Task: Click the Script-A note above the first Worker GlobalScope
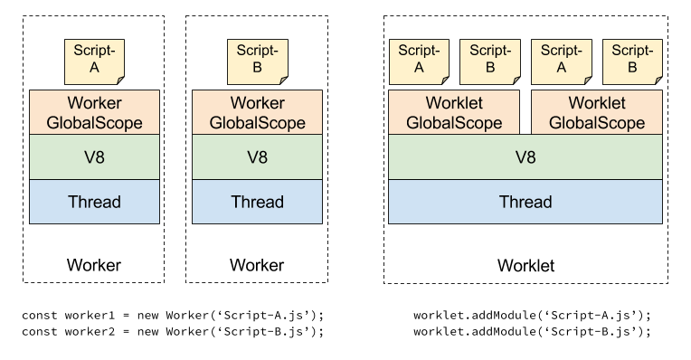(94, 61)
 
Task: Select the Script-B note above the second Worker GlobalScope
(257, 61)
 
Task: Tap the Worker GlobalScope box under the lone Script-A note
(94, 112)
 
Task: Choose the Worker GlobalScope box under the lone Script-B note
(257, 112)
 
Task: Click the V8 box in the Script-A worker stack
(94, 157)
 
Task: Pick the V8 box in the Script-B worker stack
(257, 157)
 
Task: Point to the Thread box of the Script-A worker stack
(94, 202)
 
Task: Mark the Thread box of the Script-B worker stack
(257, 202)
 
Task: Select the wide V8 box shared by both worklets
(525, 157)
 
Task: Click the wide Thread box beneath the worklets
(525, 202)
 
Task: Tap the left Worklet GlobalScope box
(454, 112)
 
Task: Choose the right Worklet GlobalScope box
(597, 112)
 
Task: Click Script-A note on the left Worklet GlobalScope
(419, 61)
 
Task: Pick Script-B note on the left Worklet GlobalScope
(489, 61)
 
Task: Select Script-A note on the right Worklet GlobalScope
(561, 61)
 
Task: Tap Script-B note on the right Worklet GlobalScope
(631, 61)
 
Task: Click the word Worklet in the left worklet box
(454, 103)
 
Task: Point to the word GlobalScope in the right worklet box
(597, 123)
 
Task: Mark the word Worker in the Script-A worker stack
(94, 103)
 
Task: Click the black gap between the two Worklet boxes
(525, 112)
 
